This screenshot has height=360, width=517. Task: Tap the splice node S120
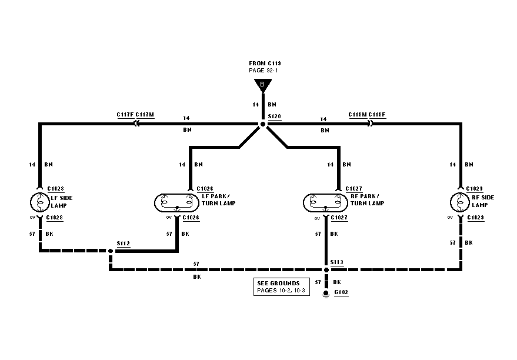[x=263, y=124]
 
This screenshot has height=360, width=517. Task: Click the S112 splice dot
[x=110, y=251]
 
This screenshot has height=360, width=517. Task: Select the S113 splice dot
[x=325, y=270]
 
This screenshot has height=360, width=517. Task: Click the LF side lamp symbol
[x=39, y=202]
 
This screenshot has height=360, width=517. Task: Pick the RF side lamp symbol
[x=459, y=202]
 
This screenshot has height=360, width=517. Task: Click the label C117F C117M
[x=135, y=115]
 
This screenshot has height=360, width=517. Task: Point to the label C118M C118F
[x=367, y=115]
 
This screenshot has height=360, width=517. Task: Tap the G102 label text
[x=341, y=292]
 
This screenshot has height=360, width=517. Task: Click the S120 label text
[x=275, y=116]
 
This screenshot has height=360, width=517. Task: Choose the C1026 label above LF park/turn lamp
[x=205, y=189]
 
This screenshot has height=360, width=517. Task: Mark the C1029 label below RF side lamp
[x=475, y=218]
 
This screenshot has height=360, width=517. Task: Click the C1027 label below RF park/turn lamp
[x=339, y=218]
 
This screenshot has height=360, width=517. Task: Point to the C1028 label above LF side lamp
[x=55, y=189]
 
